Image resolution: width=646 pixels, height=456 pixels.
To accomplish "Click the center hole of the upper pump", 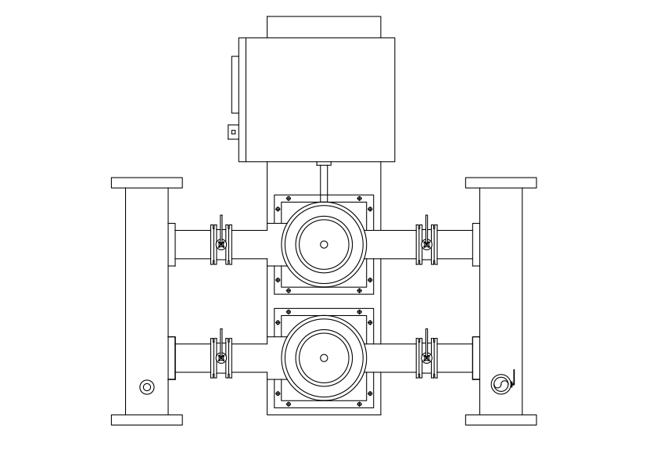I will click(324, 244).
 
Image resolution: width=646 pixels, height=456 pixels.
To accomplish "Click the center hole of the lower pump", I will click(324, 357).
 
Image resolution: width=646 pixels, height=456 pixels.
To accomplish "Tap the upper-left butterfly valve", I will click(222, 245).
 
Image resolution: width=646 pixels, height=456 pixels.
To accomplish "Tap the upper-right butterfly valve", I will click(426, 245).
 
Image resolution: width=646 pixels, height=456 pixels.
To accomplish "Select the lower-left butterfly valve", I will click(222, 358).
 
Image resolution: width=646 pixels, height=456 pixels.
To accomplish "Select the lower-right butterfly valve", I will click(426, 358).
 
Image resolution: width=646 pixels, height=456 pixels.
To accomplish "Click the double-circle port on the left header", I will click(146, 386).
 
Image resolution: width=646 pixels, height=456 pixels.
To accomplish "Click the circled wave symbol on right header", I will click(499, 383).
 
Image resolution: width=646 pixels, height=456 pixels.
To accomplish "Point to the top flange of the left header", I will click(147, 183).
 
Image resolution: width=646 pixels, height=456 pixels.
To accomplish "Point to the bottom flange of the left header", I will click(147, 420).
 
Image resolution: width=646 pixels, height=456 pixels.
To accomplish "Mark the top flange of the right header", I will click(501, 183).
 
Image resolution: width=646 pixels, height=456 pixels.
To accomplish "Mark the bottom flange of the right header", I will click(501, 420).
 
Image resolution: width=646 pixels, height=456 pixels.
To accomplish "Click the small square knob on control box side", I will click(233, 132).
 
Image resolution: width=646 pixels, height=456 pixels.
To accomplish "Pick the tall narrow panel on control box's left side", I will click(234, 85).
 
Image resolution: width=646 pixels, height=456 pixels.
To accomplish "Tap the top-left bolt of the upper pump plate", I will click(289, 199).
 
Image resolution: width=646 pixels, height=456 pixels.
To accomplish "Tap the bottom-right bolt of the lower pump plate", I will click(359, 404).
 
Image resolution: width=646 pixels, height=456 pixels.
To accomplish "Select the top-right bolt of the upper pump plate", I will click(359, 199).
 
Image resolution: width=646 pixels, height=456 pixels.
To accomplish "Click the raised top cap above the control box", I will click(324, 27).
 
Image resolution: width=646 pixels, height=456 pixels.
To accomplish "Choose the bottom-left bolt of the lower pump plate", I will click(289, 404).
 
